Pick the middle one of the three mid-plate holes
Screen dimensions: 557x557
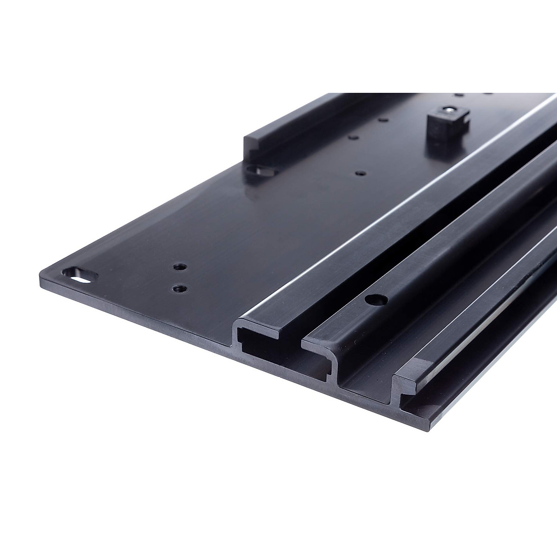(353, 138)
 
